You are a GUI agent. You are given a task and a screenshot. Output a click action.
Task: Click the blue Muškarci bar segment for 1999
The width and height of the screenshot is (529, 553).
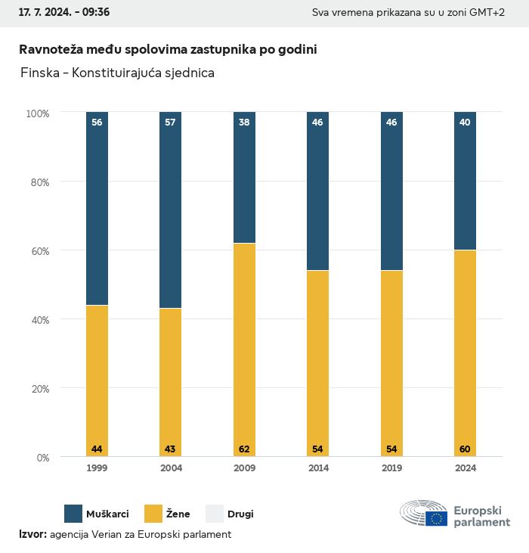97,208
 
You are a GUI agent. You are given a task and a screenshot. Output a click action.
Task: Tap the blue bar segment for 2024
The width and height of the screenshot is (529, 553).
465,181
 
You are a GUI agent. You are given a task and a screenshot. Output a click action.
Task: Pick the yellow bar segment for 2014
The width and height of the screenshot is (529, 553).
317,363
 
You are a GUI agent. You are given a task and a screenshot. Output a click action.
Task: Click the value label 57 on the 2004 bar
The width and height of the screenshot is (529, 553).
170,122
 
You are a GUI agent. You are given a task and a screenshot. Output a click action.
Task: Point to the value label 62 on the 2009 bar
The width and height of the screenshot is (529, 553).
244,449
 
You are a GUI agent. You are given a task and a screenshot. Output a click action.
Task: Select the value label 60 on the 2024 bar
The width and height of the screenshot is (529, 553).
465,449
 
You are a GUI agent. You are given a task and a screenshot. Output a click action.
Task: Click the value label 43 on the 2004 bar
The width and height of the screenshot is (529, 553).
170,449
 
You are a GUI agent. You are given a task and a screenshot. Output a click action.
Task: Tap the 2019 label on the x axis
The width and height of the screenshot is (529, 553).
391,468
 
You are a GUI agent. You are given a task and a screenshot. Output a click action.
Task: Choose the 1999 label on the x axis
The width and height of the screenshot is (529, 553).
97,468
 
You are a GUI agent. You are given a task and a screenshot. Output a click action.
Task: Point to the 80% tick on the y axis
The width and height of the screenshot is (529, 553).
39,182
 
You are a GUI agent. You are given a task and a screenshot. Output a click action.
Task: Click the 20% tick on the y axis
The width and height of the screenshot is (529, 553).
39,389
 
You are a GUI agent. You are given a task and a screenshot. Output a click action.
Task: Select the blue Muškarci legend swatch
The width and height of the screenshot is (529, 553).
73,514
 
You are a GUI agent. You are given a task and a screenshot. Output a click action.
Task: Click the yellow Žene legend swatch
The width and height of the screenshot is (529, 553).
154,514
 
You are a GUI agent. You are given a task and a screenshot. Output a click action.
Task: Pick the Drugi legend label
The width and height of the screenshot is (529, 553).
241,514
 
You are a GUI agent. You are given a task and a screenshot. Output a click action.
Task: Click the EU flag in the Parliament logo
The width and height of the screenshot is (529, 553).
436,518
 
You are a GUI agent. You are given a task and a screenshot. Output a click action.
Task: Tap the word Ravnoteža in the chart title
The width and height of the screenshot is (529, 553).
49,49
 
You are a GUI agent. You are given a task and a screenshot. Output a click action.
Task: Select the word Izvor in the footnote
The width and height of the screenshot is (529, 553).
32,534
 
